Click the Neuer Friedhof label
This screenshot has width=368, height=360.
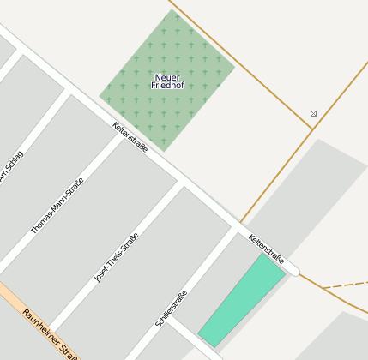[166, 81]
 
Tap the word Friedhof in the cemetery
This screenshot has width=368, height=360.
[166, 86]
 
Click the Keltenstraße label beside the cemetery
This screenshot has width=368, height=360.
[130, 137]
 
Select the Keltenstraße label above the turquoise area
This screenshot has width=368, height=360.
[266, 248]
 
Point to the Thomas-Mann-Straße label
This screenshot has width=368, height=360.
[57, 206]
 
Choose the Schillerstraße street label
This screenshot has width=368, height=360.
[172, 310]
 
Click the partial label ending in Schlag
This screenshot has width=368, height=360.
[12, 176]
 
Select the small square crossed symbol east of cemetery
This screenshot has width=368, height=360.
[313, 113]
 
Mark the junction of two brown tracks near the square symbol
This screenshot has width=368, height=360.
[311, 129]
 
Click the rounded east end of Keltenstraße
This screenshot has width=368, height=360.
[294, 270]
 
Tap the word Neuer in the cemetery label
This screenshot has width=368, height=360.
[166, 77]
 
